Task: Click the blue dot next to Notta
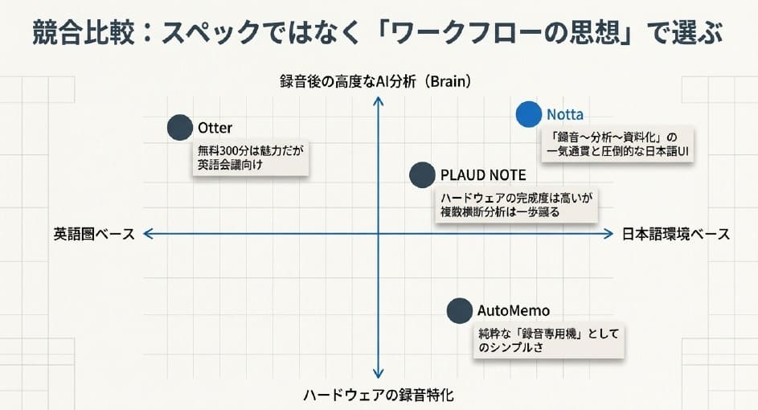[x=528, y=115]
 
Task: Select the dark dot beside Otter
[x=180, y=128]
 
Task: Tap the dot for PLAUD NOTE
[x=422, y=174]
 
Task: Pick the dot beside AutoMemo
[x=459, y=310]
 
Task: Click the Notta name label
[x=565, y=114]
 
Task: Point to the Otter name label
[x=215, y=128]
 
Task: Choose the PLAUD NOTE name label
[x=483, y=174]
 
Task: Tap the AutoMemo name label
[x=514, y=310]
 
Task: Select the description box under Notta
[x=617, y=145]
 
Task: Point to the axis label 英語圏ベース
[x=94, y=234]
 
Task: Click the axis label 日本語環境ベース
[x=676, y=234]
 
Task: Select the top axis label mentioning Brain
[x=375, y=81]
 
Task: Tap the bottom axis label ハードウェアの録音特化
[x=379, y=395]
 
